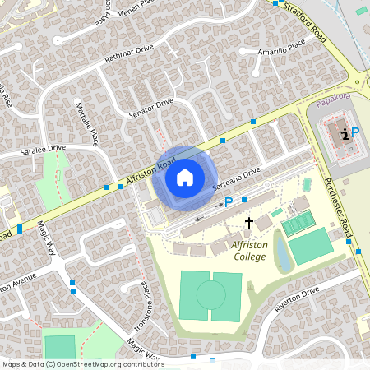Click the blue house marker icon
(185, 177)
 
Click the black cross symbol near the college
(249, 223)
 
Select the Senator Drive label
(151, 107)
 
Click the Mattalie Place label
(86, 120)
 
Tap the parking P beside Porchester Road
(355, 132)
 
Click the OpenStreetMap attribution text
(83, 363)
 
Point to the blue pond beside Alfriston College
(284, 251)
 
